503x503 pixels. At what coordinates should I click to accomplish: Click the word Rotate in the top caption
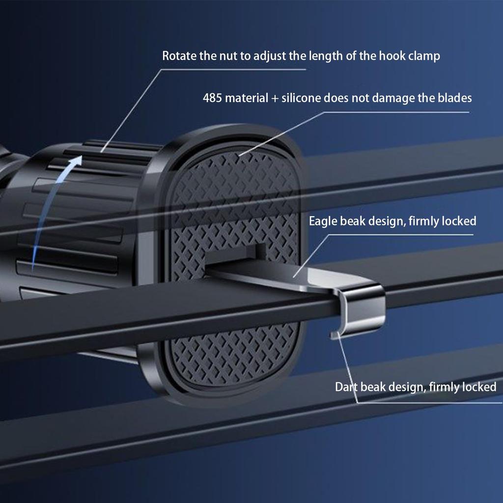[x=179, y=56]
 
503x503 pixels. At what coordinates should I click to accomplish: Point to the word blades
[x=455, y=98]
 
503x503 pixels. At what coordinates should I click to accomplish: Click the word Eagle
[x=323, y=222]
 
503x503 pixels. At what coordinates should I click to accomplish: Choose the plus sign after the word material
[x=275, y=98]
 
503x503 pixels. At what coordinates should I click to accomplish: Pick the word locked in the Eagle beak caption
[x=459, y=221]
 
